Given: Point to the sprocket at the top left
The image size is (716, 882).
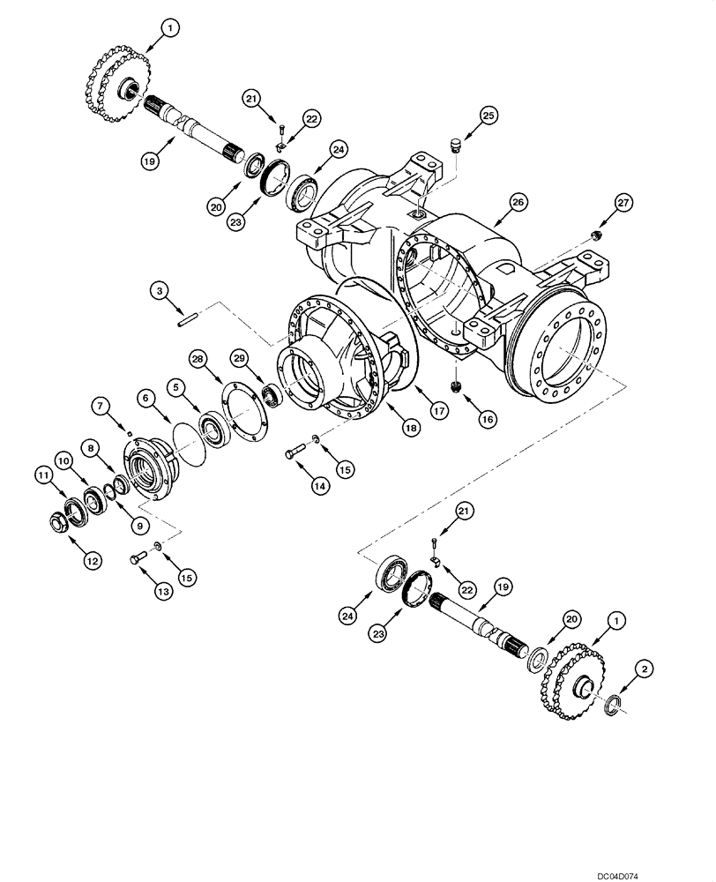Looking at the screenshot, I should point(120,71).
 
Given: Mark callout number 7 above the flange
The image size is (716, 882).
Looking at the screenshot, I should point(99,405).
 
